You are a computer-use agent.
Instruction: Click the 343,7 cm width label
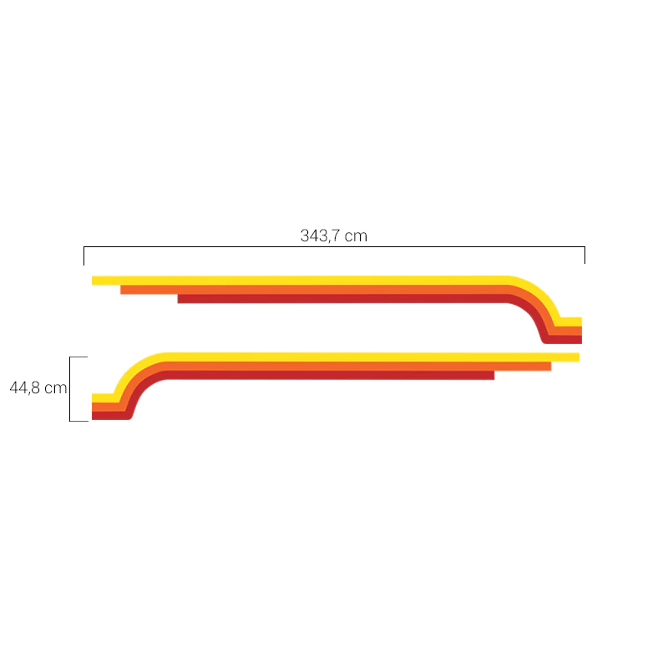tap(333, 235)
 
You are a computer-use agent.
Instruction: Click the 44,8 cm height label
tap(38, 387)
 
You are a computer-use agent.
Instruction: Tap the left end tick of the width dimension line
tap(84, 256)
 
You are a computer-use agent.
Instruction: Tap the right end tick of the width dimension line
tap(584, 256)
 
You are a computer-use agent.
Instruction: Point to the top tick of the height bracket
tap(78, 357)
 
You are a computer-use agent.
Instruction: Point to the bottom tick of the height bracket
tap(78, 421)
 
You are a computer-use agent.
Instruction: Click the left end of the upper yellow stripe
tap(93, 281)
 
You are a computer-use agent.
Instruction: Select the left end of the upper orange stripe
tap(121, 290)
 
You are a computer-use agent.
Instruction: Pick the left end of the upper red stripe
tap(178, 299)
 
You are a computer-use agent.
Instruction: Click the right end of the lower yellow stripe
tap(579, 357)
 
